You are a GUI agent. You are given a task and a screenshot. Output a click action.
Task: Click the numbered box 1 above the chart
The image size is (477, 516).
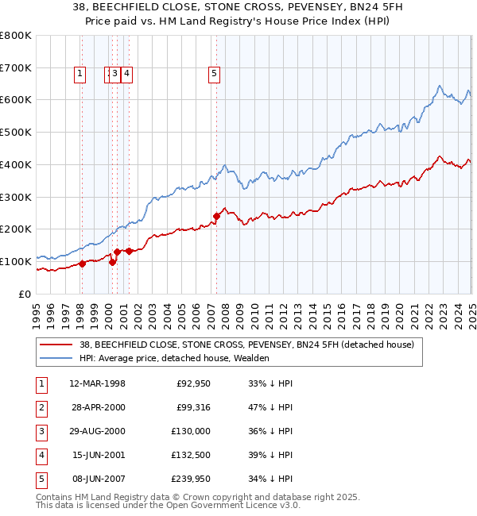coord(80,75)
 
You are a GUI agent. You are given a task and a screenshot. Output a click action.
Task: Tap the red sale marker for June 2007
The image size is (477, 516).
coord(216,215)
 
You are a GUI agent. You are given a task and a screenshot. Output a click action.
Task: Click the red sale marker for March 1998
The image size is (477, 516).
coord(82,264)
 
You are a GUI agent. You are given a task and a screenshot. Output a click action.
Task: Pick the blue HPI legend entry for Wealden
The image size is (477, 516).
coord(174,358)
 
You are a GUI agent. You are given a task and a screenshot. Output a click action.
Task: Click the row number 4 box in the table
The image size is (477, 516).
coord(41,456)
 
